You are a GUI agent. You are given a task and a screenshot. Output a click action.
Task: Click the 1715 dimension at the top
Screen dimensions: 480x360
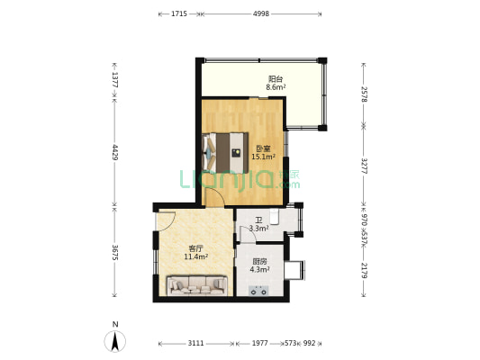pos(179,13)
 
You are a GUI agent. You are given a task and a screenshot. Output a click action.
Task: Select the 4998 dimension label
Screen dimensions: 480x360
pos(261,13)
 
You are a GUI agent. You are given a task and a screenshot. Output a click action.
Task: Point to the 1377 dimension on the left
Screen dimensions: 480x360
pos(114,80)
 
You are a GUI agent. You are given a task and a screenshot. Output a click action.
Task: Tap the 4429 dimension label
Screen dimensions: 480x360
pos(114,152)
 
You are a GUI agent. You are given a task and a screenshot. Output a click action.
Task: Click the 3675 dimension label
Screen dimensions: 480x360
pos(114,252)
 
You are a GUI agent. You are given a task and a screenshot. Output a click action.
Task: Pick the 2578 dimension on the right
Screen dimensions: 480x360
pos(364,94)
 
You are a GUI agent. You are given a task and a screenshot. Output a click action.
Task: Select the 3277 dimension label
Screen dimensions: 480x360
pos(364,166)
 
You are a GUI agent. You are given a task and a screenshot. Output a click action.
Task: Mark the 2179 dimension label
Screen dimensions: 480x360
pos(364,270)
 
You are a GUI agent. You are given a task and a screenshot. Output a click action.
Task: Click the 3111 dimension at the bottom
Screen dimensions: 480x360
pos(195,343)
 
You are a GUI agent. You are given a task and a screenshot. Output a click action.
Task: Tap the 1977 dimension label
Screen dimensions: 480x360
pos(259,343)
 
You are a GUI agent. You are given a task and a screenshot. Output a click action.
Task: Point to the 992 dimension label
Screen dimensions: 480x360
pos(309,343)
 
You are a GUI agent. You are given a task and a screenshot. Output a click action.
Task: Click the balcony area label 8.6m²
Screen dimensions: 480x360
pos(276,87)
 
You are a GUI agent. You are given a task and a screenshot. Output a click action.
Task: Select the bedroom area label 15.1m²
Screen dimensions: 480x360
pos(263,157)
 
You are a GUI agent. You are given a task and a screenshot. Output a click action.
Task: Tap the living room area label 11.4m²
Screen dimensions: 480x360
pos(196,256)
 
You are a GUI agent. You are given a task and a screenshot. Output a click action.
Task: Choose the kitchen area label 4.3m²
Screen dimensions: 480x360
pos(259,270)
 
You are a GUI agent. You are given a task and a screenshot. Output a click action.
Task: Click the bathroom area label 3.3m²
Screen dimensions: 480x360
pos(259,229)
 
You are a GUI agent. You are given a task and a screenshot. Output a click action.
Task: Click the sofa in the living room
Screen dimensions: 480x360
pos(197,285)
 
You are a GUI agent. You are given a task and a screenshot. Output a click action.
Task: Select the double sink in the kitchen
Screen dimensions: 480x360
pos(258,291)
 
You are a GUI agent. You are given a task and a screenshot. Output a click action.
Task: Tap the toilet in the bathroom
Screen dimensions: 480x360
pos(275,216)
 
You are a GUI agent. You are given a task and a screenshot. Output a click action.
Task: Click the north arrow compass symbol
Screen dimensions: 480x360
pos(115,341)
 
